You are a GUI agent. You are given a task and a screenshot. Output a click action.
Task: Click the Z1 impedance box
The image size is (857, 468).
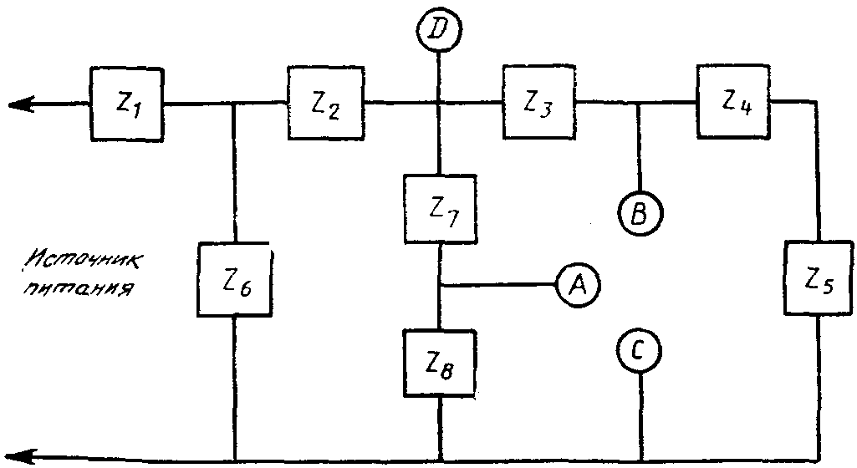coord(127,104)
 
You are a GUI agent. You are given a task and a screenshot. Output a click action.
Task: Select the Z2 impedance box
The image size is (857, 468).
coord(326,104)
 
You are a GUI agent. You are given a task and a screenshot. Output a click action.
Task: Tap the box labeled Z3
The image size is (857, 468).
coord(539,103)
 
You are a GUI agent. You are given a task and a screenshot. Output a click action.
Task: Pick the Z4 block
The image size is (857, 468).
coord(734,102)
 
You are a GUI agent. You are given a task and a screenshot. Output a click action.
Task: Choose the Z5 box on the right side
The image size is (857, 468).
coord(819,278)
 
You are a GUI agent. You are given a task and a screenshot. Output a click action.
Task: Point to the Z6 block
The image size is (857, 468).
coord(234,279)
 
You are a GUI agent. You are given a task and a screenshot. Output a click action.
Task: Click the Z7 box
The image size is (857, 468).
coord(440,209)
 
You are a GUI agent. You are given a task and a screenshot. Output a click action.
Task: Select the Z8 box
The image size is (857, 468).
coord(440,364)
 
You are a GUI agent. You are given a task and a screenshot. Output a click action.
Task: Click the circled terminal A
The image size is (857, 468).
coord(578,284)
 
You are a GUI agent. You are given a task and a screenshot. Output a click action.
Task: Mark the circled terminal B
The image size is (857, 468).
coord(640,213)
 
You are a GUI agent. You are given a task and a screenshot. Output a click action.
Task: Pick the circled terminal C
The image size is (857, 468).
coord(639,351)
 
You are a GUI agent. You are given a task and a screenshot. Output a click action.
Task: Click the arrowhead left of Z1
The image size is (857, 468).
coord(22,104)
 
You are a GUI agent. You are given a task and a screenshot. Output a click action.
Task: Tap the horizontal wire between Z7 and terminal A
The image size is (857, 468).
coord(498,284)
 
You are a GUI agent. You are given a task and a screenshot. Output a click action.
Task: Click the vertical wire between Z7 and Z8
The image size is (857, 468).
coord(440,287)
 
